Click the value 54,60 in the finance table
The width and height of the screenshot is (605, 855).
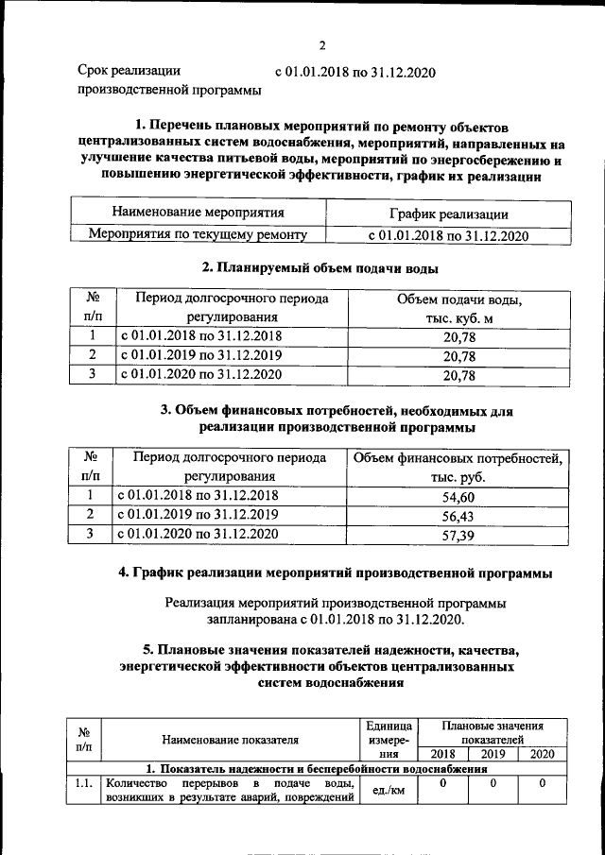point(458,496)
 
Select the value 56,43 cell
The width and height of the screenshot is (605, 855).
point(458,515)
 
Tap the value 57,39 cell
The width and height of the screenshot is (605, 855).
point(458,535)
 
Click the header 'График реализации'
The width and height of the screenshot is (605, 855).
point(448,214)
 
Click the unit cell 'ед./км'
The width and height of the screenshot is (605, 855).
point(390,790)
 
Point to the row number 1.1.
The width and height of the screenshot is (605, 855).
point(83,782)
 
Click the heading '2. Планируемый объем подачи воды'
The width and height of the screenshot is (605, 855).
point(321,268)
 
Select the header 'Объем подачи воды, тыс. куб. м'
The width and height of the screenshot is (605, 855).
point(458,308)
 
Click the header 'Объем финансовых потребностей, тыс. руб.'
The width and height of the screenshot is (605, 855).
point(458,468)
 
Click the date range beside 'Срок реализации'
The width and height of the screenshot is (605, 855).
point(354,71)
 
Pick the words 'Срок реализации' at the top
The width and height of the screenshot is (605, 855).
point(129,71)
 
